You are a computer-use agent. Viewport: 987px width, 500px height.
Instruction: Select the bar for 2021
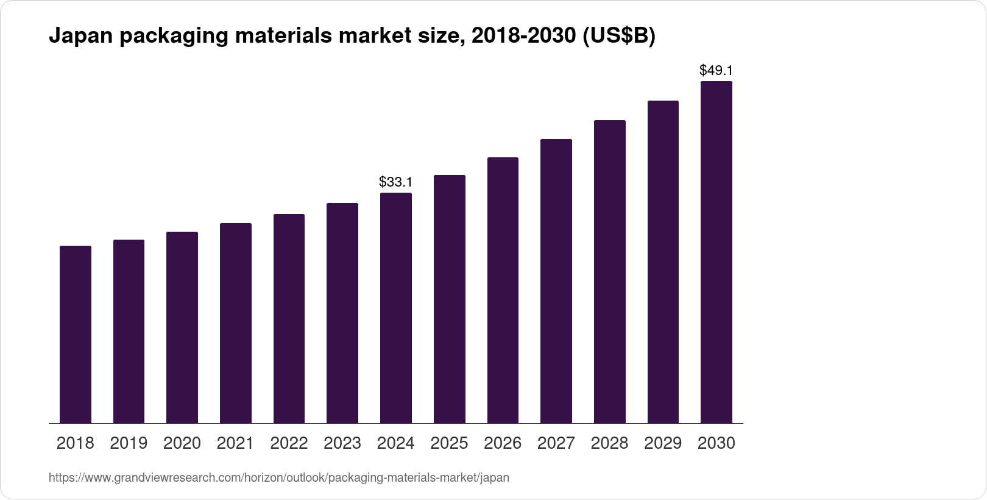236,323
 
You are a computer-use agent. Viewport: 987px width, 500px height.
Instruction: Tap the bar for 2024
396,308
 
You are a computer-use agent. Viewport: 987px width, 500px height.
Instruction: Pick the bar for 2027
556,281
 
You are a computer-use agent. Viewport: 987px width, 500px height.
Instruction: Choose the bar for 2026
503,290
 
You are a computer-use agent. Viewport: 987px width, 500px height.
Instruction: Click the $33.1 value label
396,182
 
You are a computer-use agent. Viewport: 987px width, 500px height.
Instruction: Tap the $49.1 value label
716,70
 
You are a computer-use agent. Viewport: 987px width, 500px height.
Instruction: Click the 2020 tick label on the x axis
182,443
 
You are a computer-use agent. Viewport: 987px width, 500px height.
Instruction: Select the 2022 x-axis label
289,443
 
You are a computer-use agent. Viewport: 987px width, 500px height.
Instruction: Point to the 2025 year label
449,443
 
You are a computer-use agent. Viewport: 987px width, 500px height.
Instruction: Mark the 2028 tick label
609,443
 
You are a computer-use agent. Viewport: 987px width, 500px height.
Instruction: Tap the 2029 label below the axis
663,443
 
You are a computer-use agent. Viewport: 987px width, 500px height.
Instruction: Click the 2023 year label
342,443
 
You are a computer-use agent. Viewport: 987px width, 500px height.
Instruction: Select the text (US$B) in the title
618,37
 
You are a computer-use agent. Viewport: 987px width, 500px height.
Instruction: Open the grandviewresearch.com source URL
278,478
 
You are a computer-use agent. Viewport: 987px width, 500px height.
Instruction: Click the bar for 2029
663,262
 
